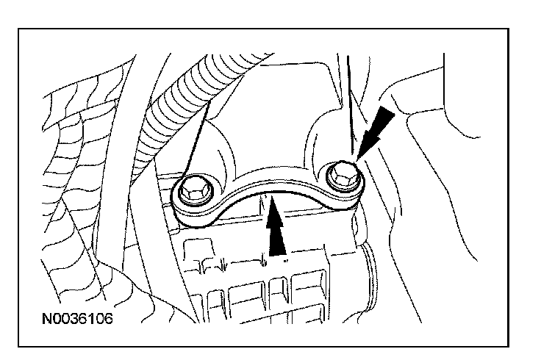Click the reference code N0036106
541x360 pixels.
[78, 320]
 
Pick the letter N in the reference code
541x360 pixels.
[47, 320]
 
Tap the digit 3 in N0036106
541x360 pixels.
[74, 320]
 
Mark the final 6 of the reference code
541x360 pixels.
[110, 320]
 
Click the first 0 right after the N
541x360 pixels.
[57, 320]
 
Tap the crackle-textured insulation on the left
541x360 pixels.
[74, 169]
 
